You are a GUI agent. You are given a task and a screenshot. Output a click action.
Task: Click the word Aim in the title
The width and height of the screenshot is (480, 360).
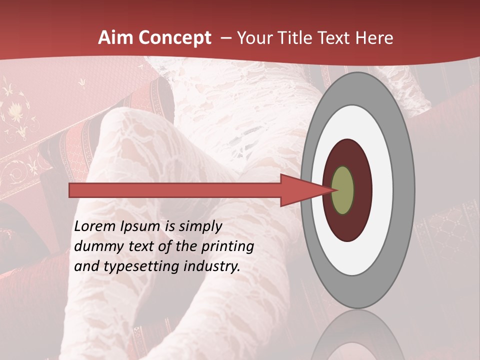tap(114, 38)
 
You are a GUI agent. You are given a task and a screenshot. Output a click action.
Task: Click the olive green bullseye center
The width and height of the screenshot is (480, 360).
tap(342, 190)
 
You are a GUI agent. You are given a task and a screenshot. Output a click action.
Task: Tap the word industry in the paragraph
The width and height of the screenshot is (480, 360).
tap(213, 266)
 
